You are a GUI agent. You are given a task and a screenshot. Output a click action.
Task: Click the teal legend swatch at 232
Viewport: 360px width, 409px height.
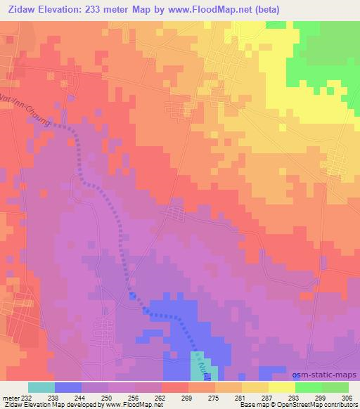[41, 387]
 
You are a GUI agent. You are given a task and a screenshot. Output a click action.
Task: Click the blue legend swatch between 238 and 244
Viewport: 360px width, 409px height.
[68, 387]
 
